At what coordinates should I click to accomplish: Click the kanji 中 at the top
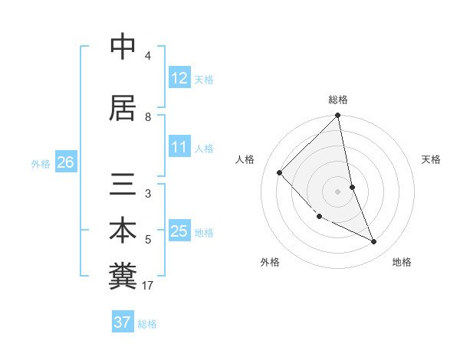[x=123, y=47]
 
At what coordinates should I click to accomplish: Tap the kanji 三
[x=123, y=184]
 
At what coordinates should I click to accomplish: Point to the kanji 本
[x=123, y=231]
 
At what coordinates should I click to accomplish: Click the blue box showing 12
[x=179, y=78]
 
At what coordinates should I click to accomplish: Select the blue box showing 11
[x=179, y=148]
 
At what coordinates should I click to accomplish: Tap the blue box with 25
[x=179, y=231]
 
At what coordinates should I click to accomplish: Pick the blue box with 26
[x=65, y=162]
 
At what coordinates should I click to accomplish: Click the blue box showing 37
[x=122, y=322]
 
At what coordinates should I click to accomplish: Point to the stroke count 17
[x=149, y=286]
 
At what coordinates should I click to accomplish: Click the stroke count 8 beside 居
[x=148, y=116]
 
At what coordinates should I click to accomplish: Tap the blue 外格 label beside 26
[x=41, y=163]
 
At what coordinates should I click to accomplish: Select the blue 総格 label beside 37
[x=147, y=323]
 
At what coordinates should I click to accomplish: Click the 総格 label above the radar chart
[x=338, y=100]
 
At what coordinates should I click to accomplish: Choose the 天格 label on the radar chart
[x=432, y=159]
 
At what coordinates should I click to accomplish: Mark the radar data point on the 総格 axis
[x=338, y=116]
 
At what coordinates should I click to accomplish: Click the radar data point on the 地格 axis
[x=374, y=241]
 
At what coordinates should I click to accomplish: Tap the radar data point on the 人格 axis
[x=280, y=172]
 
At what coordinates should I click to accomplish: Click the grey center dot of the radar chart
[x=338, y=191]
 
